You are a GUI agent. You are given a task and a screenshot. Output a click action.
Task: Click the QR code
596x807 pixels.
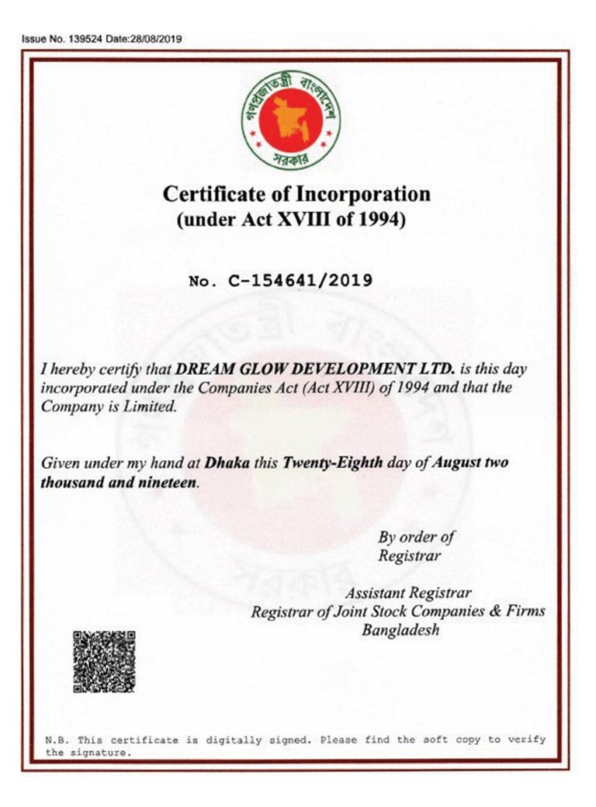coord(104,662)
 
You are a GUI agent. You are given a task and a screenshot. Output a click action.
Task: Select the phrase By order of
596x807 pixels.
coord(415,537)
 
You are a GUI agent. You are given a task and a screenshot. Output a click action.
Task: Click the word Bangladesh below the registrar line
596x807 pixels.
coord(400,630)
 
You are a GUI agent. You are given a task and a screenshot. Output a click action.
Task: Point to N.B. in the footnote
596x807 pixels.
coord(57,740)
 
